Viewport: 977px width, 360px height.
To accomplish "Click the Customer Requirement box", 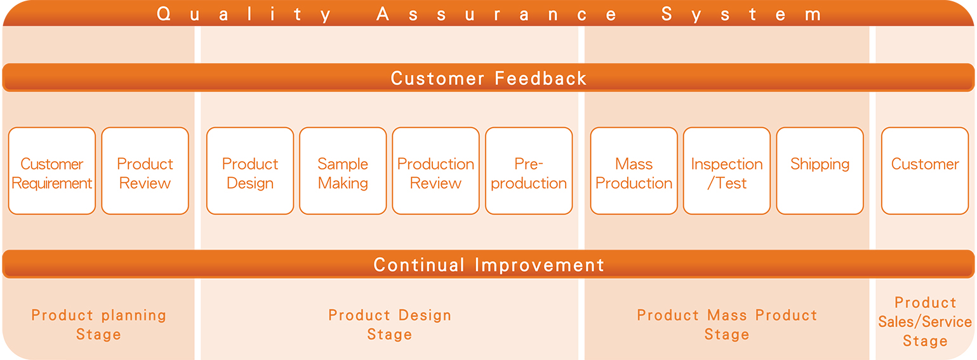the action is (52, 171).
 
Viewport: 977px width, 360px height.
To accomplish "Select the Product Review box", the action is (145, 171).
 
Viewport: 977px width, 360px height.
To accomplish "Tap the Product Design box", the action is (250, 171).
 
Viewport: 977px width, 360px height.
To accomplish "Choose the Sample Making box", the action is (343, 171).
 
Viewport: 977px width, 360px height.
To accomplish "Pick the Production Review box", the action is (435, 171).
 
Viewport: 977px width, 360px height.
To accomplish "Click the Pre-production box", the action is (529, 171).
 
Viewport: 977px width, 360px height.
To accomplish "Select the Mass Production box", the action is (634, 171).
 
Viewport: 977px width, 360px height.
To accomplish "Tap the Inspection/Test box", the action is (727, 171).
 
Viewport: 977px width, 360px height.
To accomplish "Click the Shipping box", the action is (820, 171).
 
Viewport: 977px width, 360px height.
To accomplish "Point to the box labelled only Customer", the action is (925, 171).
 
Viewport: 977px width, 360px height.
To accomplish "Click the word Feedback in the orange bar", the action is (541, 78).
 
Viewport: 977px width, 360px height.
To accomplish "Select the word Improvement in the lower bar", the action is (540, 265).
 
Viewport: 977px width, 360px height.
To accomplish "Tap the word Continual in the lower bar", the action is (419, 265).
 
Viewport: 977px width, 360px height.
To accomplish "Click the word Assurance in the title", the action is (496, 14).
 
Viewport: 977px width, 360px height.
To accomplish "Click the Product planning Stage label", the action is (98, 324).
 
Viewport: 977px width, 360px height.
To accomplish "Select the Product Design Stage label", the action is (390, 324).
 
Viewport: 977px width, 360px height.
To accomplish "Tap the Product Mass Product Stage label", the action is (727, 324).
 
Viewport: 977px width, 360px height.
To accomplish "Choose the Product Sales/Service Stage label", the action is (925, 322).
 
